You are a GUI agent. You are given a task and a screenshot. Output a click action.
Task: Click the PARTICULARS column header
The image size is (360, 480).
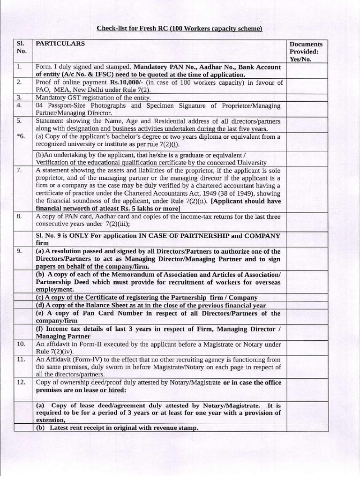pos(60,44)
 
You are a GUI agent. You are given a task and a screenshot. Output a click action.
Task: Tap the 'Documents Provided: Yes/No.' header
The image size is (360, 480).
pos(306,52)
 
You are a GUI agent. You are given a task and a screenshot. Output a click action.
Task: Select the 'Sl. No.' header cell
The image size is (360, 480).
pos(22,47)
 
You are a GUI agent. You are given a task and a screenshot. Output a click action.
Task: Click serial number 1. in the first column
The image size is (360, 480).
pos(19,67)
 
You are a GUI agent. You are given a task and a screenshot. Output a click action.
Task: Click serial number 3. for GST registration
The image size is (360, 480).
pos(19,97)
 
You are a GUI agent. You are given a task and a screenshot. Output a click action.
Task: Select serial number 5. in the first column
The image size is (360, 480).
pos(19,121)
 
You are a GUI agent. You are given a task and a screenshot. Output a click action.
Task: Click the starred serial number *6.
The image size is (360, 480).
pos(20,136)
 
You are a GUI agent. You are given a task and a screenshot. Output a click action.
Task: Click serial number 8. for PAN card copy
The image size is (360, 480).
pos(19,217)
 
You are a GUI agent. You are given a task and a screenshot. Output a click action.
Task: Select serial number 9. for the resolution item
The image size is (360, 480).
pos(20,251)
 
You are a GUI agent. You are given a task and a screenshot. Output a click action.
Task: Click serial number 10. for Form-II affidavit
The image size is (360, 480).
pos(21,344)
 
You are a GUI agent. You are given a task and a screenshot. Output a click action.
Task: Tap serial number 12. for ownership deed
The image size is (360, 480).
pos(21,382)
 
